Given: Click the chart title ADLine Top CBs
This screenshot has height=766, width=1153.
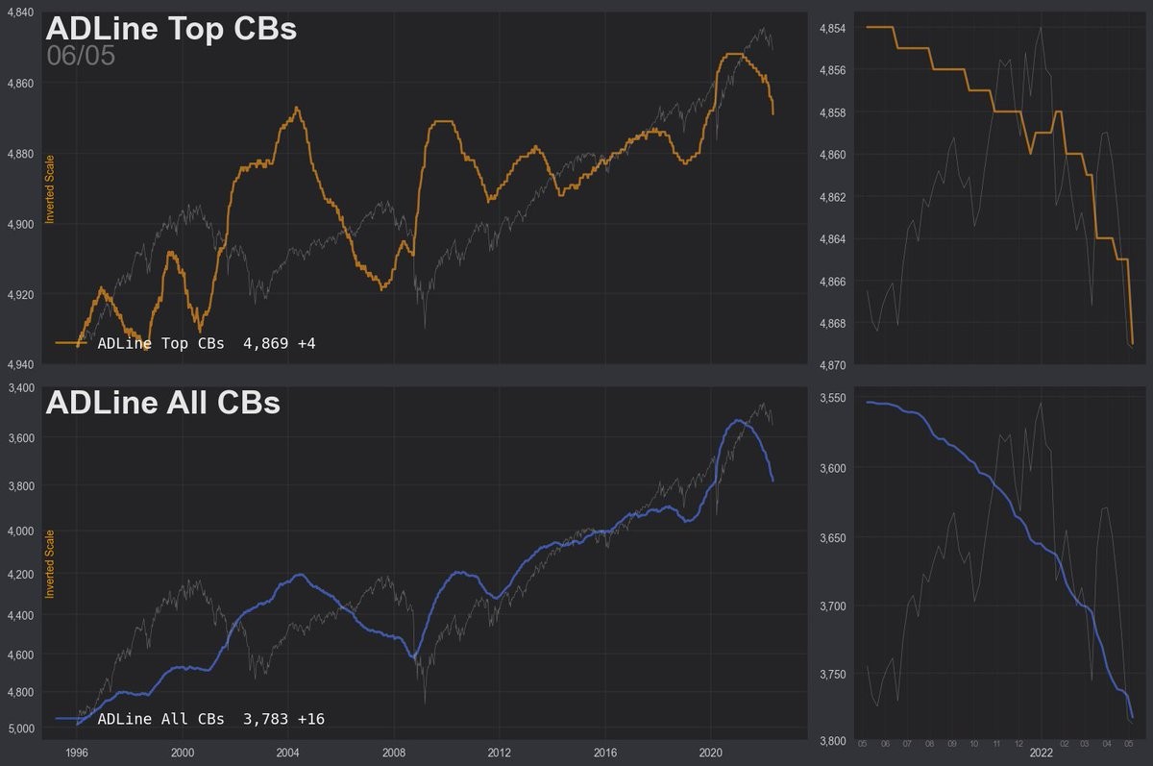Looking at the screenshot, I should tap(171, 29).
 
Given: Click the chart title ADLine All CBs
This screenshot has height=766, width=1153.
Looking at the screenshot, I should tap(162, 402).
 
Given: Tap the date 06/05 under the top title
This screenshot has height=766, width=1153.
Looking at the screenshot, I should tap(81, 56).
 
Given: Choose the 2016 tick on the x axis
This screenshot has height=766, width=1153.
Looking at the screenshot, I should tap(604, 753).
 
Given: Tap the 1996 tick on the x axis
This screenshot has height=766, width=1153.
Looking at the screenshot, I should tap(78, 753).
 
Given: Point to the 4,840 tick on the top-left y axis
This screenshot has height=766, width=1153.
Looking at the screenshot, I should tap(20, 13).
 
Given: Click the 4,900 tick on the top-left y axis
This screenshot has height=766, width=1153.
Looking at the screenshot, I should tap(20, 223).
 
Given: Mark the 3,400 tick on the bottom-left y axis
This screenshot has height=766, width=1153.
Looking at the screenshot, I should tap(20, 387).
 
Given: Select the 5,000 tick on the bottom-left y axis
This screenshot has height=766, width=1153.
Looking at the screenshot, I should tap(20, 729).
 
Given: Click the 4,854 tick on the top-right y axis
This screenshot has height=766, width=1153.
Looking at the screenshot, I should tap(831, 29).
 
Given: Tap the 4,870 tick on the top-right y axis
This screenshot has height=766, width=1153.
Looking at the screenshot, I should tap(831, 365).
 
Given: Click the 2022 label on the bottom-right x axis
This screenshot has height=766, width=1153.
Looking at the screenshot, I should tap(1041, 754).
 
